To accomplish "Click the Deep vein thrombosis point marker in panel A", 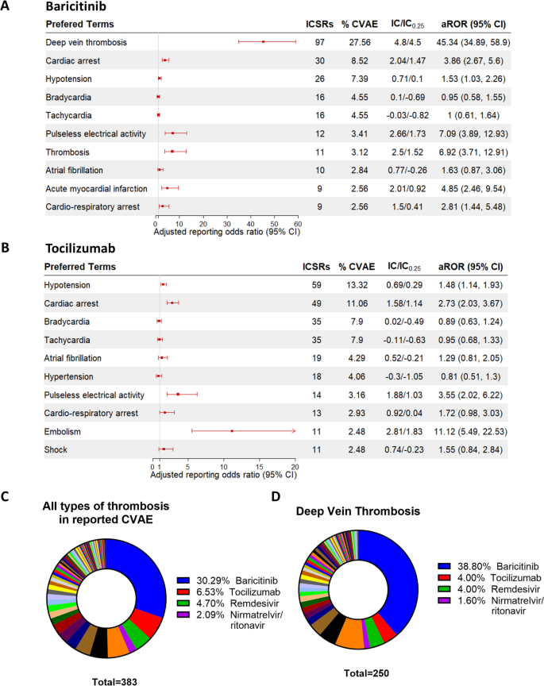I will click(263, 40).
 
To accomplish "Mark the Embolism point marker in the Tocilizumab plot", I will click(232, 431).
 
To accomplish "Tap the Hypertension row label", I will click(68, 376).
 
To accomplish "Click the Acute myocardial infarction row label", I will click(87, 188).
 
